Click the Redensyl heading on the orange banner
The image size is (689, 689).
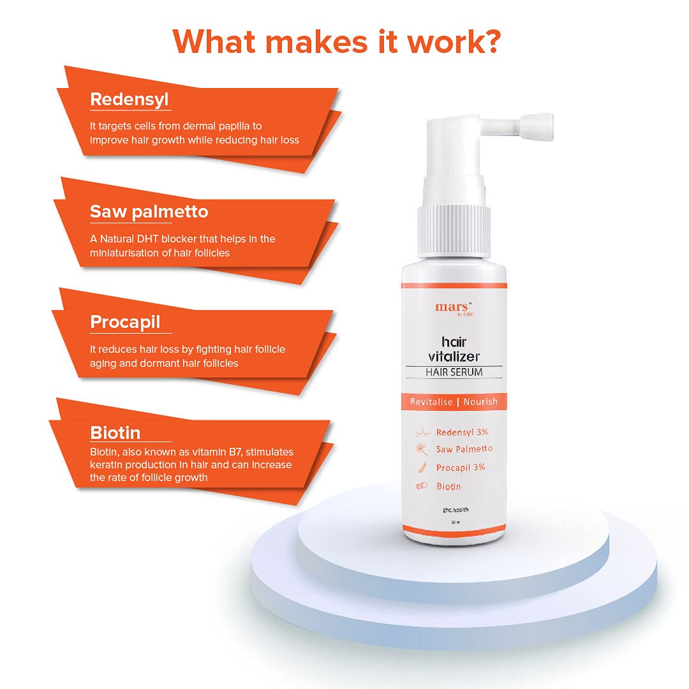(x=129, y=100)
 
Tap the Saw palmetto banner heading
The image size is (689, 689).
(x=149, y=212)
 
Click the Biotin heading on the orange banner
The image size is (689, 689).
(x=115, y=433)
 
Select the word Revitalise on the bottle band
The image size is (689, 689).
(x=431, y=402)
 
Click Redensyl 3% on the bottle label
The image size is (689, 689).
(x=461, y=432)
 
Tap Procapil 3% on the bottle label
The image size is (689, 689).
(x=461, y=468)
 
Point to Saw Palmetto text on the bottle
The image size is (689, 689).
(x=464, y=449)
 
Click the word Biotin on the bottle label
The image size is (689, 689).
(x=448, y=486)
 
